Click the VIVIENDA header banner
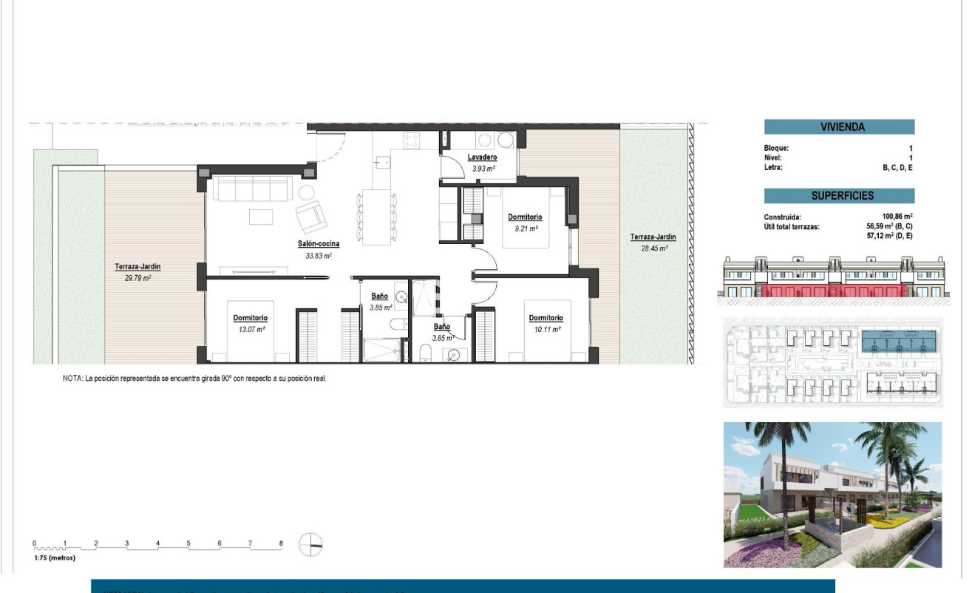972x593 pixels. tap(839, 126)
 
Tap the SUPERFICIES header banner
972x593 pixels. tap(839, 196)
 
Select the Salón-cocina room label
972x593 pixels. tap(319, 243)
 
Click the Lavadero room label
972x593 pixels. tap(482, 157)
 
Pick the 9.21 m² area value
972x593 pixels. tap(525, 229)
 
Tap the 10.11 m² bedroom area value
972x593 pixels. tap(546, 330)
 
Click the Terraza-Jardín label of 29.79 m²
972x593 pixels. tap(137, 267)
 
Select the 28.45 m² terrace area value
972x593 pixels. tap(653, 249)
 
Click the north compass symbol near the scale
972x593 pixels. tap(311, 544)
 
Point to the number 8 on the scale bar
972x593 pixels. tap(281, 543)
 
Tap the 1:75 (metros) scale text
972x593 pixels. tap(55, 558)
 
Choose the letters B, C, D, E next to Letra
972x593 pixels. tap(898, 168)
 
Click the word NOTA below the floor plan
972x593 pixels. tap(72, 378)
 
